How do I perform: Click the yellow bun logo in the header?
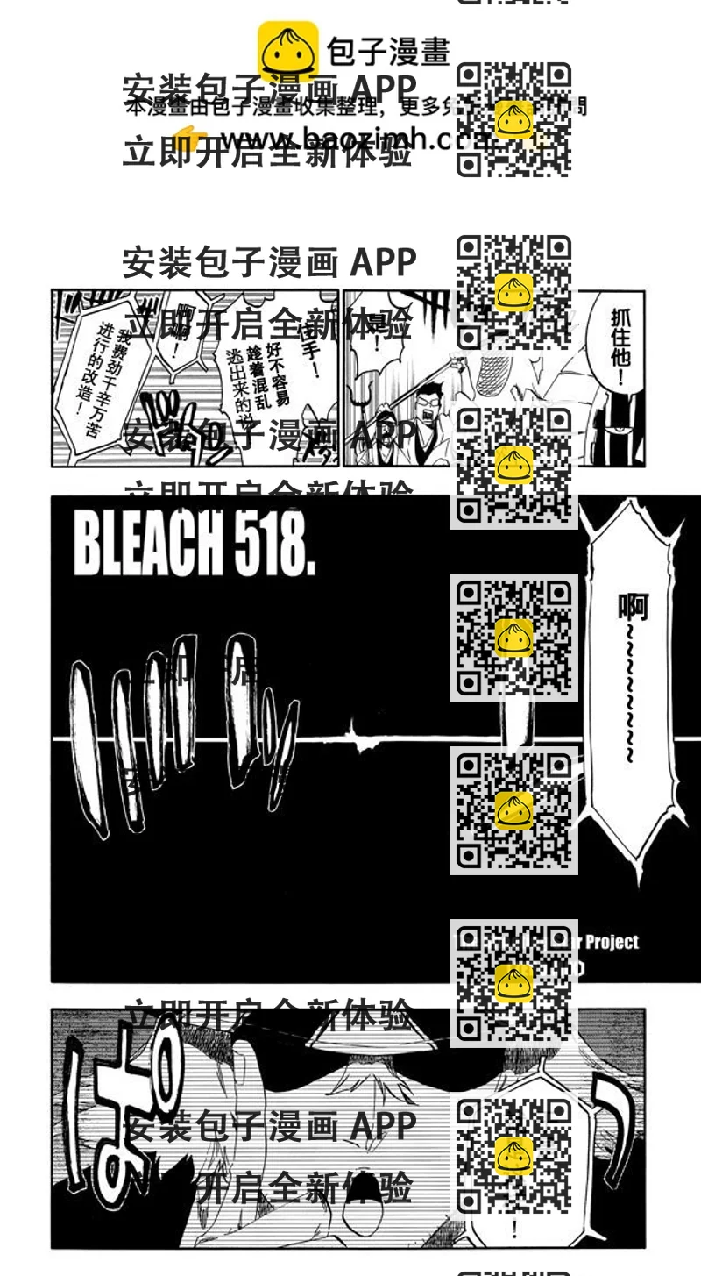287,50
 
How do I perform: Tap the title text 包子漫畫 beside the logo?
387,51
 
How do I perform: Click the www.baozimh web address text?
333,139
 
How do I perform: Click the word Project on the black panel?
611,943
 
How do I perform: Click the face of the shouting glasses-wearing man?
432,403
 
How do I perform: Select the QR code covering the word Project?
513,983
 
